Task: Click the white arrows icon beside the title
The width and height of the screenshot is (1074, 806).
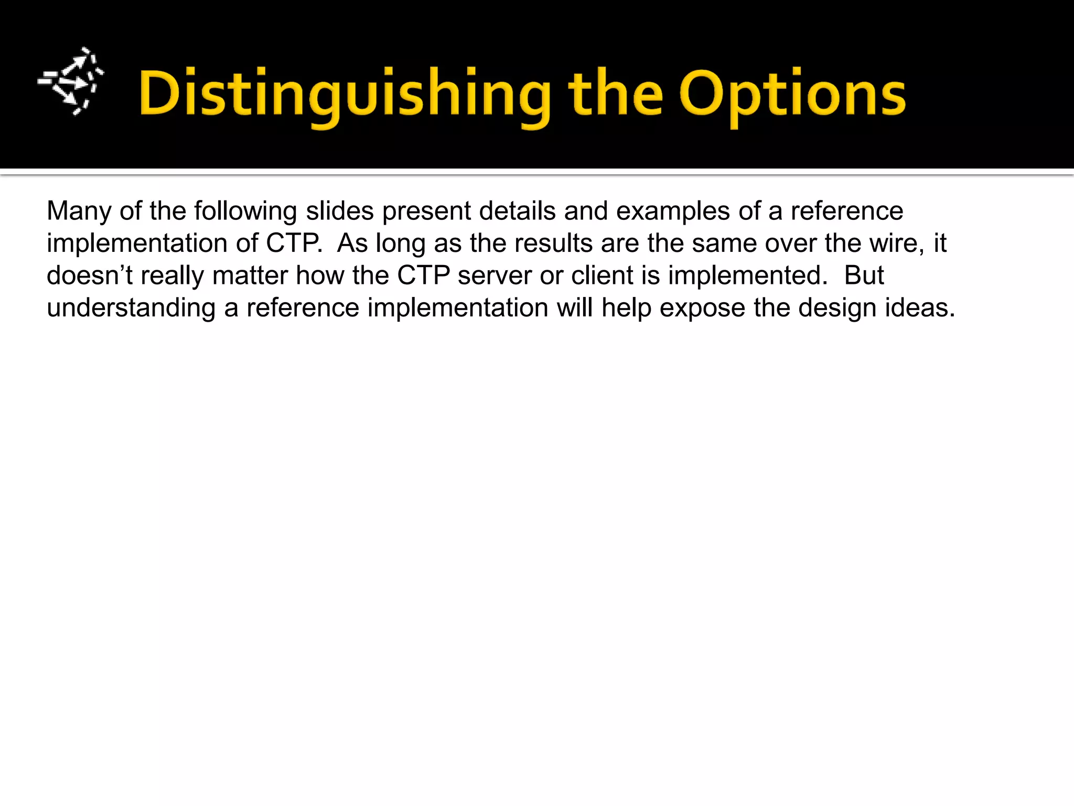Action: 71,81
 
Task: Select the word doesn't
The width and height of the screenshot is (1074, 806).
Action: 90,275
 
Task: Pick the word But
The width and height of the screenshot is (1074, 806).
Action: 864,275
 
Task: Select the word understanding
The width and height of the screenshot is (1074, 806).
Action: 131,309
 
